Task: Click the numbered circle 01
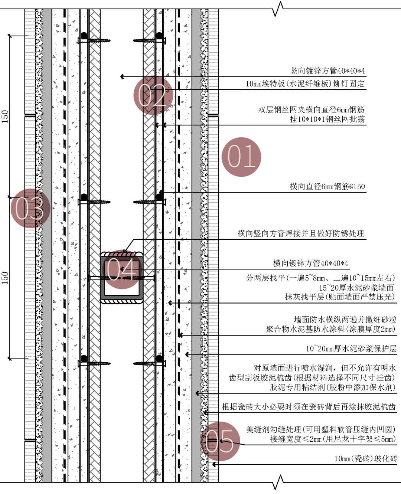point(241,157)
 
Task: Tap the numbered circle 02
point(153,95)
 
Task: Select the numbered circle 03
point(30,208)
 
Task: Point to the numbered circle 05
point(220,441)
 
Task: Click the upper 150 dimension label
point(5,116)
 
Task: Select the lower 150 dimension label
point(5,278)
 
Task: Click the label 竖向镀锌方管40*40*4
point(327,71)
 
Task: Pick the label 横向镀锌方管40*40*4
point(310,264)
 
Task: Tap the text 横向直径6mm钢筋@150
point(327,186)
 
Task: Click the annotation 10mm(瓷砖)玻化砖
point(365,458)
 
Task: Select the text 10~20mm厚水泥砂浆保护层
point(351,349)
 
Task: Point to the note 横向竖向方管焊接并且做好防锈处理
point(301,233)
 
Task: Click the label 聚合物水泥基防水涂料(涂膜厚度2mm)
point(331,329)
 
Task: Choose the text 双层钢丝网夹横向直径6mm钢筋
point(311,109)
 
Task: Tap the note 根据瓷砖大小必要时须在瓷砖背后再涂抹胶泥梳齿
point(309,407)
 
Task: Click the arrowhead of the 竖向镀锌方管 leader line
point(122,77)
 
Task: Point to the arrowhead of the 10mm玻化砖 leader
point(214,464)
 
